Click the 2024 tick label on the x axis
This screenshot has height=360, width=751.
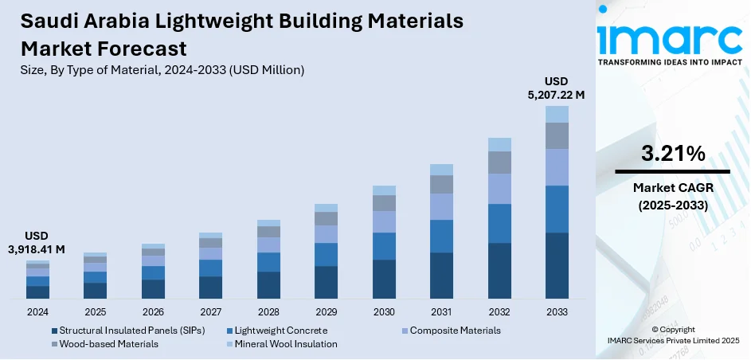pyautogui.click(x=37, y=311)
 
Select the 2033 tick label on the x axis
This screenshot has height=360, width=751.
pyautogui.click(x=557, y=311)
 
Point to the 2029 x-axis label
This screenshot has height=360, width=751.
pyautogui.click(x=326, y=311)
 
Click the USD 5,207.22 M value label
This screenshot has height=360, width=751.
pyautogui.click(x=557, y=88)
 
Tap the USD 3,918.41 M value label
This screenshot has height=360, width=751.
pyautogui.click(x=37, y=243)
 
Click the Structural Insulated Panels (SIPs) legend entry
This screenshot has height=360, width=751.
pyautogui.click(x=128, y=330)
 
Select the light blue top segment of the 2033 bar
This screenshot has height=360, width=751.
pyautogui.click(x=557, y=114)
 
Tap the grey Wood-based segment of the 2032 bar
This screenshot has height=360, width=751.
pyautogui.click(x=499, y=162)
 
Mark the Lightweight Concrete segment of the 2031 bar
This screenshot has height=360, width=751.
pyautogui.click(x=441, y=236)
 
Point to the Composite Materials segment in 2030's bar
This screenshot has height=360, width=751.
pyautogui.click(x=384, y=221)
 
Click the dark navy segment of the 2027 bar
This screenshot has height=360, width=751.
pyautogui.click(x=210, y=287)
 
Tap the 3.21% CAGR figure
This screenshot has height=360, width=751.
pyautogui.click(x=671, y=154)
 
